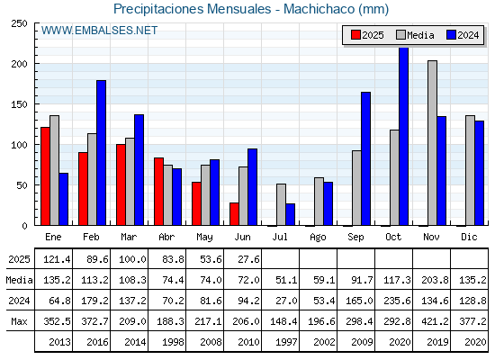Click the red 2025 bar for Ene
tap(45, 176)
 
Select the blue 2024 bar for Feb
tap(101, 153)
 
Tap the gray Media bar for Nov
tap(432, 143)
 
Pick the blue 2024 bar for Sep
tap(365, 158)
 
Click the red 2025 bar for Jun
tap(234, 214)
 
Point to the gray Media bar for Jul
tap(281, 204)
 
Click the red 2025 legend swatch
tap(355, 35)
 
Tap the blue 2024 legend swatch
tap(451, 35)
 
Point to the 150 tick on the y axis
tap(19, 104)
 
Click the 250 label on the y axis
tap(19, 23)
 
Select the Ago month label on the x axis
tap(318, 237)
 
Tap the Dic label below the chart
tap(469, 237)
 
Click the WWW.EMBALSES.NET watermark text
tap(99, 31)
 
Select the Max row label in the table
tap(19, 321)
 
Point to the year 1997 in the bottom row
tap(286, 342)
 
